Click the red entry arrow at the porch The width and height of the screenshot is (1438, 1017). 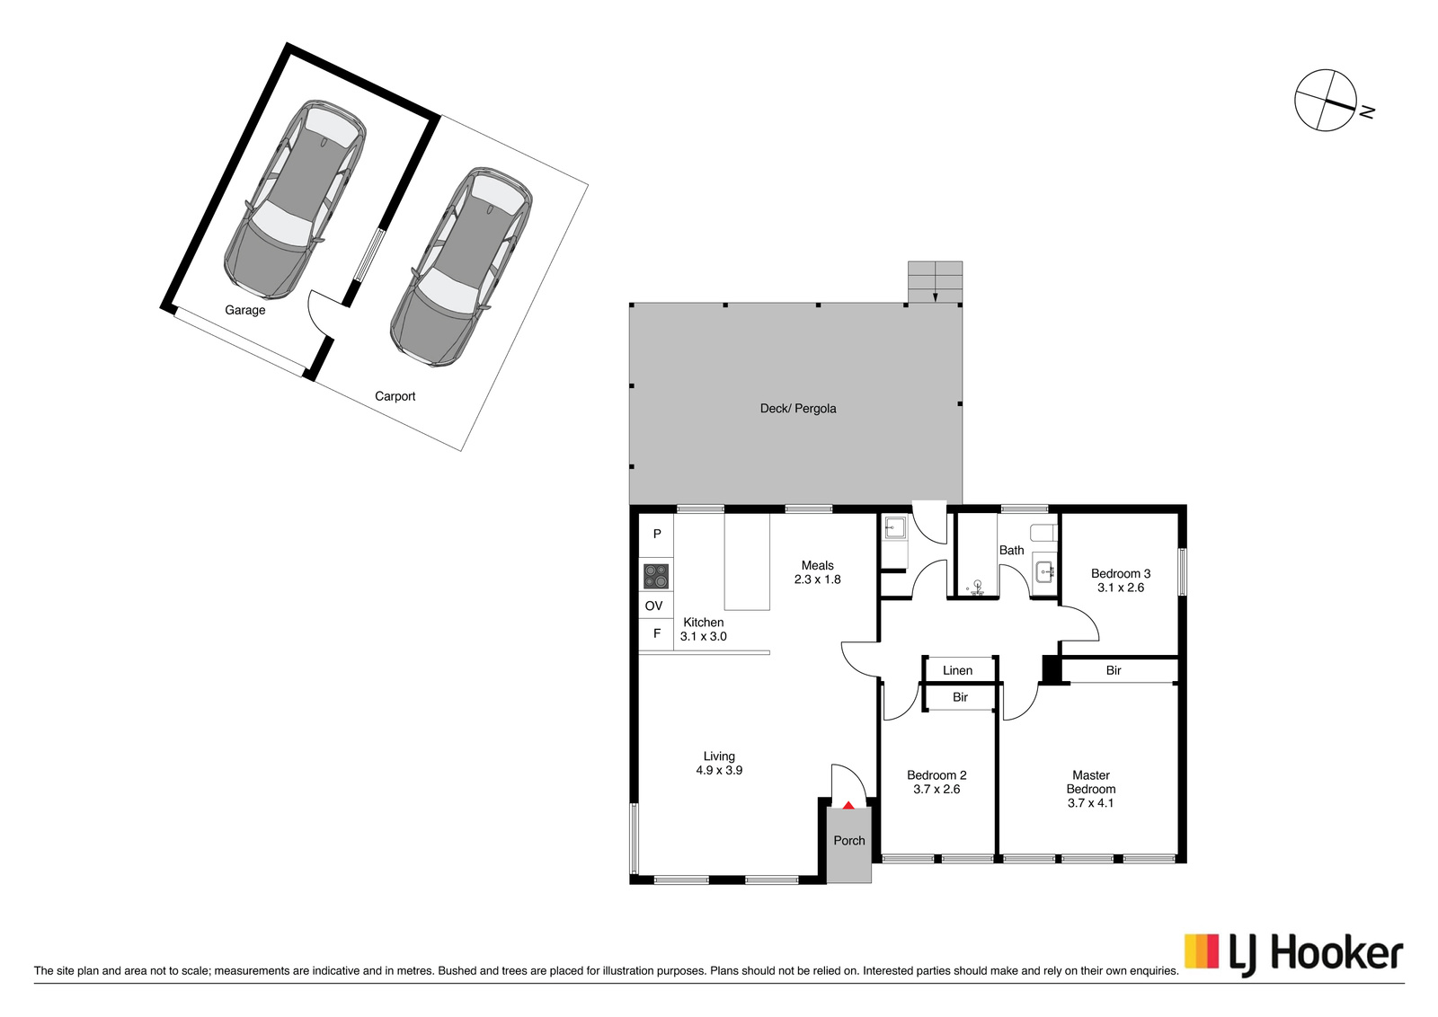(x=848, y=805)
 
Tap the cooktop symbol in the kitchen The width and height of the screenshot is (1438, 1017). (x=656, y=576)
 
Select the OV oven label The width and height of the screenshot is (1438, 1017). (x=653, y=606)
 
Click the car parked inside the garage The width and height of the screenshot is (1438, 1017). (x=295, y=199)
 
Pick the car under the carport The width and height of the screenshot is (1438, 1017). (x=461, y=267)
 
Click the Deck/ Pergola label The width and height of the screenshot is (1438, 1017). (x=798, y=409)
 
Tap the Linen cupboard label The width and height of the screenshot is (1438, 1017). (x=957, y=670)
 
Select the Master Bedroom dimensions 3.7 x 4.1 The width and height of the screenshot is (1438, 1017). (x=1091, y=802)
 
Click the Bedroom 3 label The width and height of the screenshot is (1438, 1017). (x=1121, y=573)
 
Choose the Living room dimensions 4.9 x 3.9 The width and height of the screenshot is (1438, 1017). (x=719, y=770)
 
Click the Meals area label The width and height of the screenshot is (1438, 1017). (x=817, y=565)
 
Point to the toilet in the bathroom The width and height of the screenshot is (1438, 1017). (x=1043, y=533)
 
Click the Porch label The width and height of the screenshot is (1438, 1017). (x=848, y=841)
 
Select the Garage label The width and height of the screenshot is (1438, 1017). (x=244, y=311)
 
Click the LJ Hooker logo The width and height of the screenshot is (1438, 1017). (x=1293, y=956)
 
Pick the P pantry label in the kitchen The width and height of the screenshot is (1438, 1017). (x=657, y=534)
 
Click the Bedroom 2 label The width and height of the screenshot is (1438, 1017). (x=936, y=775)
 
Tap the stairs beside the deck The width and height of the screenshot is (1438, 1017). (x=935, y=282)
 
